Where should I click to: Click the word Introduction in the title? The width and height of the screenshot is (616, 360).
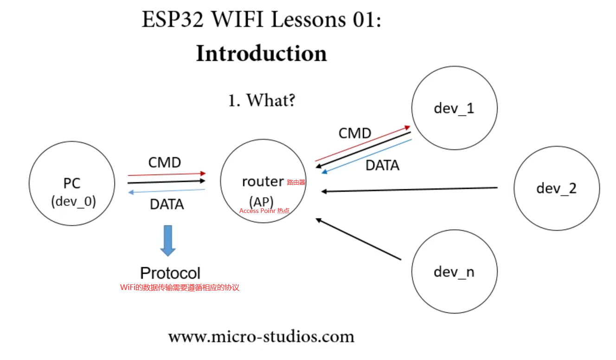pos(261,54)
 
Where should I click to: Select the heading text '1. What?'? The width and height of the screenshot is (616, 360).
pos(261,100)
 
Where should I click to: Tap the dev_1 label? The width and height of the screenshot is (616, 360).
pos(454,108)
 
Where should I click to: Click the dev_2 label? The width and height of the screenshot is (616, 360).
pos(556,188)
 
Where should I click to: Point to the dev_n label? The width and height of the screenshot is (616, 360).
pos(454,271)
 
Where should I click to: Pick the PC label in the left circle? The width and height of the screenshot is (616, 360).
pos(72,184)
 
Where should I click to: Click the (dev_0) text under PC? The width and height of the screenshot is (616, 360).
pos(73,201)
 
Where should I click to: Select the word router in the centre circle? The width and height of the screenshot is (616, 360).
pos(263,181)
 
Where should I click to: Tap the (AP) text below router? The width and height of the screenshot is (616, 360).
pos(261,201)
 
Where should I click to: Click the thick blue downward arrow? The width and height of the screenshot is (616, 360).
pos(168,240)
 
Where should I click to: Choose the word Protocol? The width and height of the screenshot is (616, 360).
pos(170,273)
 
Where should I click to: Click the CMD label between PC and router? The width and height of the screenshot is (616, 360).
pos(164,163)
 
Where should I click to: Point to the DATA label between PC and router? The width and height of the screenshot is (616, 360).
pos(167,204)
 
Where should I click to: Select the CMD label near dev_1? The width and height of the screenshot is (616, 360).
pos(355,134)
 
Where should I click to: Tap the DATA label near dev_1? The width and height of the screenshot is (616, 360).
pos(382,166)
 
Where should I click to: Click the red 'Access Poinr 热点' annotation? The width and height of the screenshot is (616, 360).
pos(264,211)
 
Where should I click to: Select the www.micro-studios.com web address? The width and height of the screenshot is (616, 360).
pos(261,336)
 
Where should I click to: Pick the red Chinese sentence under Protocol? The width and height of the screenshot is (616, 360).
pos(180,288)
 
